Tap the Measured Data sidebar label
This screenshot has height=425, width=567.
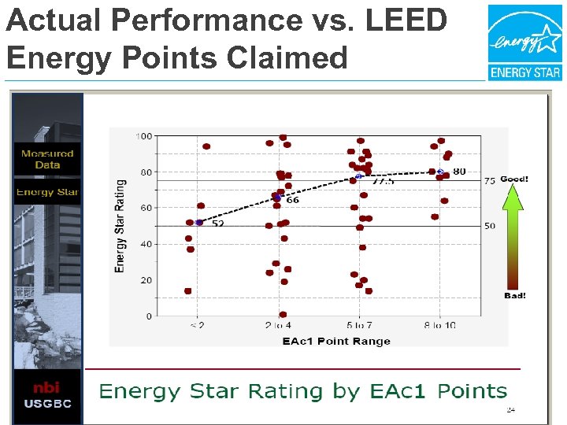coord(47,159)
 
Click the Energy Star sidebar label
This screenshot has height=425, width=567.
coord(47,192)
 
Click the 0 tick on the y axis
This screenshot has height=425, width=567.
coord(148,316)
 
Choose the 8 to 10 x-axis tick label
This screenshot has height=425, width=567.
coord(440,325)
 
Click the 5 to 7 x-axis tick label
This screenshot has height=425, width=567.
coord(360,325)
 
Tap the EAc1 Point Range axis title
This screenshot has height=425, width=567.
coord(336,341)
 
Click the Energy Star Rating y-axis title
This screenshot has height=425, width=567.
coord(120,226)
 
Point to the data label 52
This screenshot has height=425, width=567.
coord(217,224)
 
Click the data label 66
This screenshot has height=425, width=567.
coord(292,200)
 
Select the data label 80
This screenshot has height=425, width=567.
coord(459,171)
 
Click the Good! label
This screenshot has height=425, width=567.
coord(514,179)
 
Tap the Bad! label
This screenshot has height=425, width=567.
coord(514,295)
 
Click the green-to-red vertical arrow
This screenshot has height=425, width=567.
coord(513,236)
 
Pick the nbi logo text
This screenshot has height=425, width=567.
coord(46,387)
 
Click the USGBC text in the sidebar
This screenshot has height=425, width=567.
coord(46,404)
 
